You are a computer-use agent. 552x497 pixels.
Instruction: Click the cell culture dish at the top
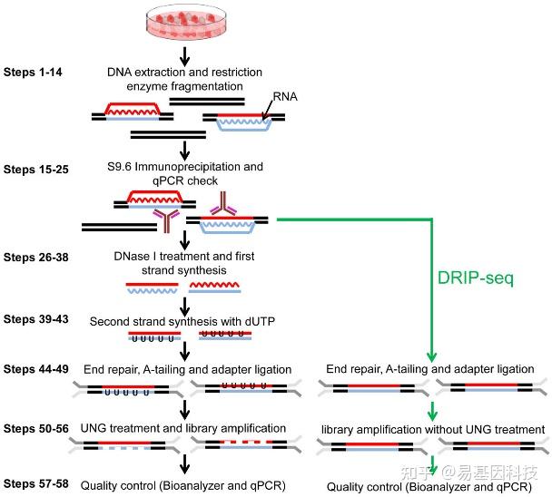click(184, 21)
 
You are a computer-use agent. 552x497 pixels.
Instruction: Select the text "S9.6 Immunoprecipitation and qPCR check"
click(185, 174)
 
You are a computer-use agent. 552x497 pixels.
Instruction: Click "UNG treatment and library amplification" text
click(184, 427)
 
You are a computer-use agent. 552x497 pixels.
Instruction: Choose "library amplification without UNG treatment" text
click(433, 428)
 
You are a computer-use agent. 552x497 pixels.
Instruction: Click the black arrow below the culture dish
click(184, 54)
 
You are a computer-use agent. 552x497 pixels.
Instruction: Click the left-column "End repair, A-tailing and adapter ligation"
click(185, 370)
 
